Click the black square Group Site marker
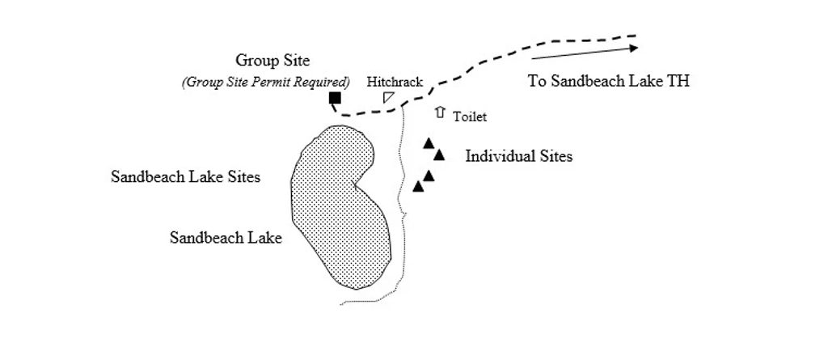(335, 98)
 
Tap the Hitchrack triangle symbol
(387, 97)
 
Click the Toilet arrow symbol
(440, 112)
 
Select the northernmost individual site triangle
(429, 143)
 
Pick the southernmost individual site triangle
(418, 187)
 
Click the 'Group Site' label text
(272, 61)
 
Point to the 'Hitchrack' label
(395, 83)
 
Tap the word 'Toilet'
(470, 116)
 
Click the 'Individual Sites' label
(518, 156)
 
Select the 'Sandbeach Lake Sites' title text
(185, 176)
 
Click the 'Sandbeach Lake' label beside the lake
(226, 238)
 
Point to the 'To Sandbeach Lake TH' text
(608, 81)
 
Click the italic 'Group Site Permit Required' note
(266, 83)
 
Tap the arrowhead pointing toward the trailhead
(632, 48)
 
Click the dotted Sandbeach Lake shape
(340, 207)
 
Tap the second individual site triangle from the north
(439, 155)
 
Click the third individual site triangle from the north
(429, 176)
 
